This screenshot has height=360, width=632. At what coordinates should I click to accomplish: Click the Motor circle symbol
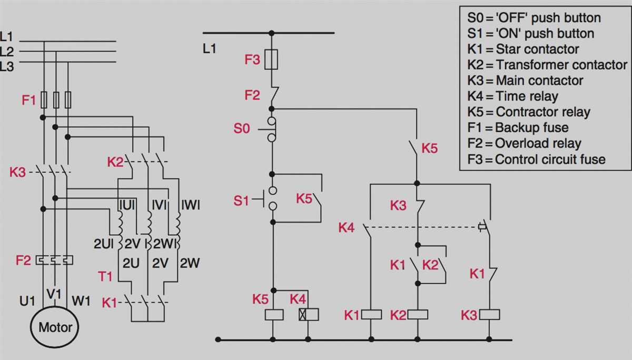pyautogui.click(x=55, y=327)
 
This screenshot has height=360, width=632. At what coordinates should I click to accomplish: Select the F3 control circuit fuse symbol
pyautogui.click(x=271, y=59)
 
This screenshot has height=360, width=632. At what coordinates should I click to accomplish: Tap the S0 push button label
pyautogui.click(x=242, y=128)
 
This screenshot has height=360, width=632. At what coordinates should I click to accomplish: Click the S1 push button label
pyautogui.click(x=241, y=201)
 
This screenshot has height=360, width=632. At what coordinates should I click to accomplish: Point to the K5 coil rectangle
pyautogui.click(x=273, y=315)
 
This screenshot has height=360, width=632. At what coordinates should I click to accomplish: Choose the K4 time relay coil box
pyautogui.click(x=309, y=315)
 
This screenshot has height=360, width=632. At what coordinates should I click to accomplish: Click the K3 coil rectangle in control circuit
pyautogui.click(x=490, y=315)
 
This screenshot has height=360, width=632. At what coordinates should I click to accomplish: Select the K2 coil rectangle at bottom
pyautogui.click(x=418, y=315)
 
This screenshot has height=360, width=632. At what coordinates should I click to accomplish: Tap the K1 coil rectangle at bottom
pyautogui.click(x=371, y=315)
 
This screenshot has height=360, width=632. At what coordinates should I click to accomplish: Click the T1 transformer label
pyautogui.click(x=105, y=276)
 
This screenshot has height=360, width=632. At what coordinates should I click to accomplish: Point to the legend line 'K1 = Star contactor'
pyautogui.click(x=523, y=49)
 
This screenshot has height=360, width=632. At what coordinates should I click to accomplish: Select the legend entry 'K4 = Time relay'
pyautogui.click(x=512, y=96)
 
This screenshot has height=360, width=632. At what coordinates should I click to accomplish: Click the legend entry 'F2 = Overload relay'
pyautogui.click(x=524, y=143)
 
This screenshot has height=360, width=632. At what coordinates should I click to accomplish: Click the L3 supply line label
pyautogui.click(x=7, y=66)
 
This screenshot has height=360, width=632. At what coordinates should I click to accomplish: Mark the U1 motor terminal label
pyautogui.click(x=27, y=302)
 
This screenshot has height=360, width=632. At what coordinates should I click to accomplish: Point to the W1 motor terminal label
pyautogui.click(x=81, y=302)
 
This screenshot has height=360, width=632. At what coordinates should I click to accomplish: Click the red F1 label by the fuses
pyautogui.click(x=29, y=99)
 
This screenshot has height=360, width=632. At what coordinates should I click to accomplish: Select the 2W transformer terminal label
pyautogui.click(x=190, y=263)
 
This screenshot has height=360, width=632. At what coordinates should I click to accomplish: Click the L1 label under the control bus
pyautogui.click(x=210, y=49)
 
